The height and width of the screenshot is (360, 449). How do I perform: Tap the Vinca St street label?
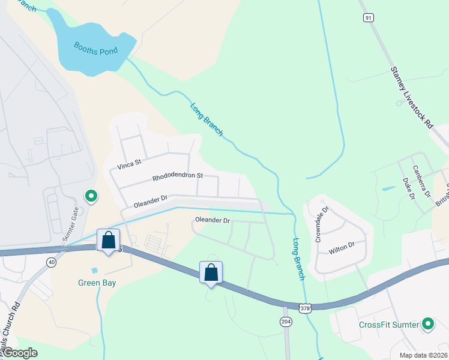tap(129, 163)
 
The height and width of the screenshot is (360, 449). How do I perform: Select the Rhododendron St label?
tap(178, 177)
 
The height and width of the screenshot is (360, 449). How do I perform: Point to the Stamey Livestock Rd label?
tap(412, 98)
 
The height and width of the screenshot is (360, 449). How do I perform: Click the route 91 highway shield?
tap(367, 18)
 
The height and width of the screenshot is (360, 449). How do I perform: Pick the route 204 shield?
tap(285, 322)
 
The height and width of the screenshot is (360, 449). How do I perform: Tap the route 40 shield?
tap(52, 262)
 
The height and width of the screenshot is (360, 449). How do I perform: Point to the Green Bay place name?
tap(96, 283)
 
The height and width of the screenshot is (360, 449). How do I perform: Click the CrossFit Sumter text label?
tap(389, 325)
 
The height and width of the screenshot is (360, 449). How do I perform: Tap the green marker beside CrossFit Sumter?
tap(428, 325)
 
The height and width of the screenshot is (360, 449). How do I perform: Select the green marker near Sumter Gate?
tap(91, 196)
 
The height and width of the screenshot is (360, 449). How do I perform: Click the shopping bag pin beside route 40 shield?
tap(108, 241)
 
